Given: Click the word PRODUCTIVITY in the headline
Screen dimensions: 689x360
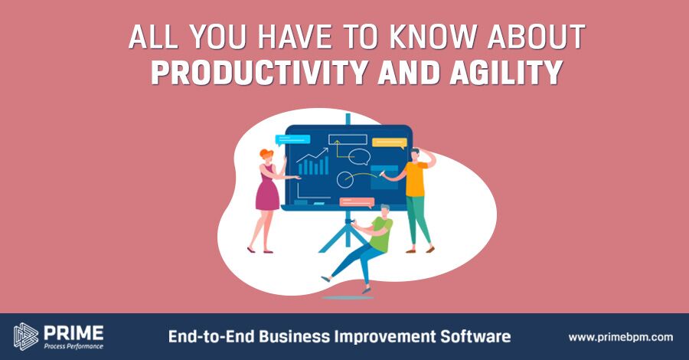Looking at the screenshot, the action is [x=260, y=72].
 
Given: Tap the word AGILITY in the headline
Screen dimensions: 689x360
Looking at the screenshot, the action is [x=506, y=72].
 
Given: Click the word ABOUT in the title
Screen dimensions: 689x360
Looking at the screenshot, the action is [x=536, y=37].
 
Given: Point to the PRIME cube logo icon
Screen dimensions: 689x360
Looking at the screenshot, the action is [x=26, y=337].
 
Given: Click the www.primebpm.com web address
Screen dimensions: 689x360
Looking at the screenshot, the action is [x=620, y=337].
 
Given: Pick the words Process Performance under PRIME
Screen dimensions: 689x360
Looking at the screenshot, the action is [x=73, y=346].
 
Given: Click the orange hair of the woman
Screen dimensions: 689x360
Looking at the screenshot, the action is [x=266, y=154].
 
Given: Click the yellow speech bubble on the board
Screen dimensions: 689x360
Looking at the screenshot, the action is [x=390, y=143].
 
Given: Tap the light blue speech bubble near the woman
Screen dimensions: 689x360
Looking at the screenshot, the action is [x=292, y=140].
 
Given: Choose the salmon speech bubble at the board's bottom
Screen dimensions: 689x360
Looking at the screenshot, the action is [x=357, y=203].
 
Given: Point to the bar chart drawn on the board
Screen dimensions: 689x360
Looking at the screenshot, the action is [x=313, y=166].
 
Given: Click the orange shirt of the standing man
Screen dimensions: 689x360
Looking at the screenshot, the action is [x=415, y=178].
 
